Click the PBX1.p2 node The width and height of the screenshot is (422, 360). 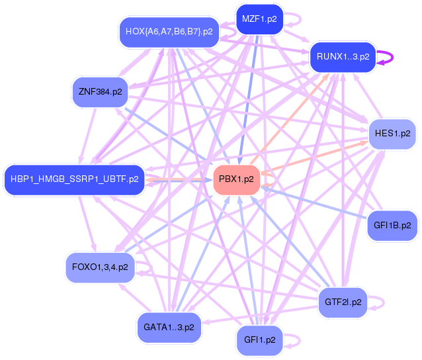point(236,179)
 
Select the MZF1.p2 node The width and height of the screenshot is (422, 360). point(259,19)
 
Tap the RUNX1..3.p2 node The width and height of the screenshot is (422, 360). point(343,57)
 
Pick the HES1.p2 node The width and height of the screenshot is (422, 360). point(392,133)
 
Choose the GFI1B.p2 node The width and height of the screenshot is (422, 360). point(392,226)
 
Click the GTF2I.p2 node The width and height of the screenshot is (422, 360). point(343,302)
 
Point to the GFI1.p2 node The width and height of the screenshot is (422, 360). point(259,340)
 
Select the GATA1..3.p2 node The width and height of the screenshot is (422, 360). point(169,327)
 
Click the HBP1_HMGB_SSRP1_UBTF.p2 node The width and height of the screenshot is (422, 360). point(74,179)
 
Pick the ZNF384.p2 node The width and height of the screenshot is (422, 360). point(99,92)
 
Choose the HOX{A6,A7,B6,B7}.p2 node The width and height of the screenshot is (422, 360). point(169,31)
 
